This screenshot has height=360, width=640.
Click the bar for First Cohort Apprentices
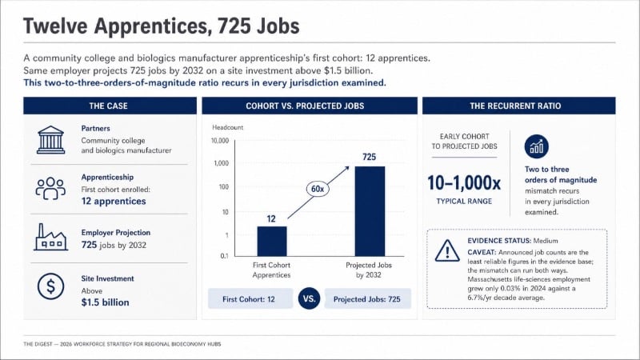[272, 242]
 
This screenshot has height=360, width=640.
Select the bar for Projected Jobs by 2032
[370, 211]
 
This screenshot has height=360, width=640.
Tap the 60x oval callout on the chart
[318, 189]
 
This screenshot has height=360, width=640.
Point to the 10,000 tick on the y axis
[220, 141]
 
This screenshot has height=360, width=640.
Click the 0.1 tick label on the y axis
[225, 256]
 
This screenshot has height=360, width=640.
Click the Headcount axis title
[227, 127]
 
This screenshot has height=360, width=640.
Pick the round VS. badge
[309, 298]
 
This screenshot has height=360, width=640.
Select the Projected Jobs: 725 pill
[367, 298]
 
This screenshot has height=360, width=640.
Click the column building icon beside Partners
[50, 139]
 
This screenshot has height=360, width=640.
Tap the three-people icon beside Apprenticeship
[50, 188]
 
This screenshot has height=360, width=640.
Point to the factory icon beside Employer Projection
[50, 237]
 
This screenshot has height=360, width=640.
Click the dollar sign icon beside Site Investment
[50, 286]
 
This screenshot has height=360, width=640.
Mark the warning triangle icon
[447, 250]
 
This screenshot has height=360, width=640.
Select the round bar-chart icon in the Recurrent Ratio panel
[536, 146]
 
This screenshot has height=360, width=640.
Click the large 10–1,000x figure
[464, 183]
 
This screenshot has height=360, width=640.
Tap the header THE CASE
[109, 106]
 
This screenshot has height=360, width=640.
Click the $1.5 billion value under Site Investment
[105, 302]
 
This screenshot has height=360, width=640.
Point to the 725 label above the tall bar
[370, 157]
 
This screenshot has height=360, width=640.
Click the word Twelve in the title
[54, 26]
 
